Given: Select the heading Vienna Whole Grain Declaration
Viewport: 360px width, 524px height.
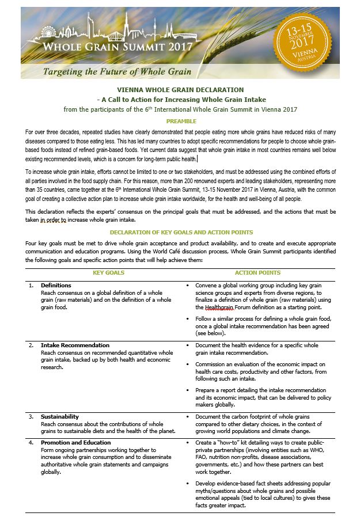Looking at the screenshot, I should pos(180,90).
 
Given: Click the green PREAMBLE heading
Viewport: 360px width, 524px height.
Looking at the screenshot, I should pos(181,121).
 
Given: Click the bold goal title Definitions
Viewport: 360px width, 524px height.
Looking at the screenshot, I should pos(56,285).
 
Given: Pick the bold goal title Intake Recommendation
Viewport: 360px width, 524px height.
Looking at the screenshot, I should pos(75,345).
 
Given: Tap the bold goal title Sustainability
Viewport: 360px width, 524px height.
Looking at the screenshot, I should pos(60,416).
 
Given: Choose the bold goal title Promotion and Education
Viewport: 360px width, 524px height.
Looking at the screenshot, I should pos(75,442).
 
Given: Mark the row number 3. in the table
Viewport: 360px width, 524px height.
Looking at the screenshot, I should pos(31,416).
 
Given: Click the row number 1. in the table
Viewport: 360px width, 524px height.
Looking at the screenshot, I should pos(31,285).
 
